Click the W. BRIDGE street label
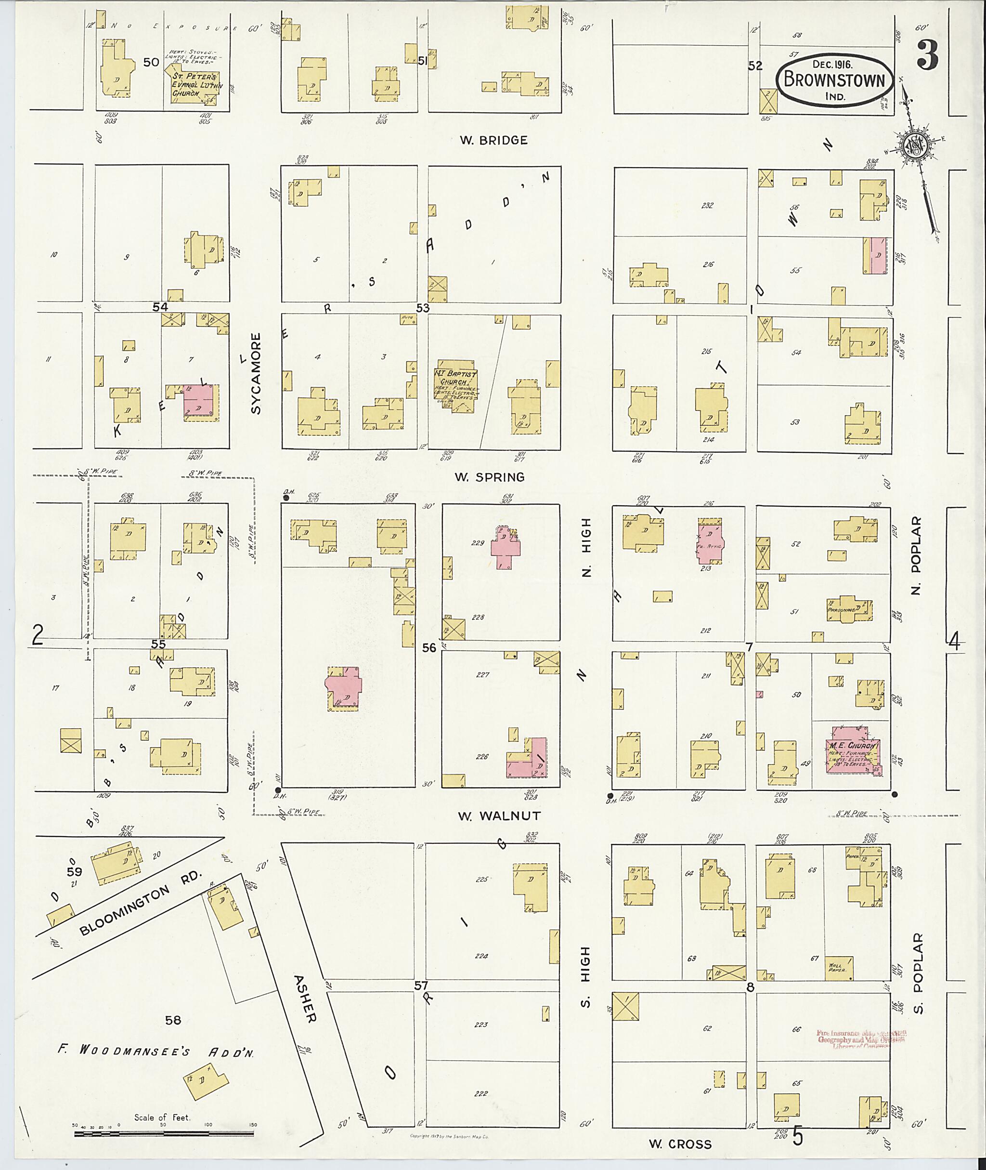click(493, 140)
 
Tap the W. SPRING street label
click(489, 477)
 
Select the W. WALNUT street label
click(492, 816)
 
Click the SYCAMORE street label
click(256, 374)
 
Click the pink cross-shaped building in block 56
click(344, 687)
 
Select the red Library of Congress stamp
click(861, 1039)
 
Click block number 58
click(173, 1020)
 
